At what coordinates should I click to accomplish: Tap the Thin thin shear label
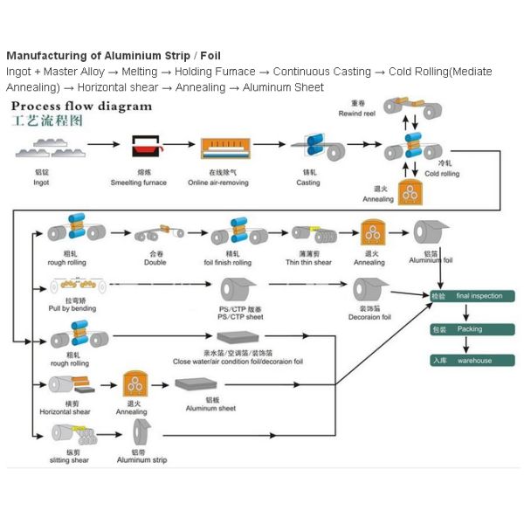(307, 262)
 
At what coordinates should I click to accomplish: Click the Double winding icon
(158, 233)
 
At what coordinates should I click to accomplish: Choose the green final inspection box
(472, 296)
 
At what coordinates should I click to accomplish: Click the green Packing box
(472, 329)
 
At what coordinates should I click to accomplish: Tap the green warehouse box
(472, 360)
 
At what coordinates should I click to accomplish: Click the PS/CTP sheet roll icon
(238, 290)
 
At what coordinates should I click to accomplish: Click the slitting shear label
(71, 459)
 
